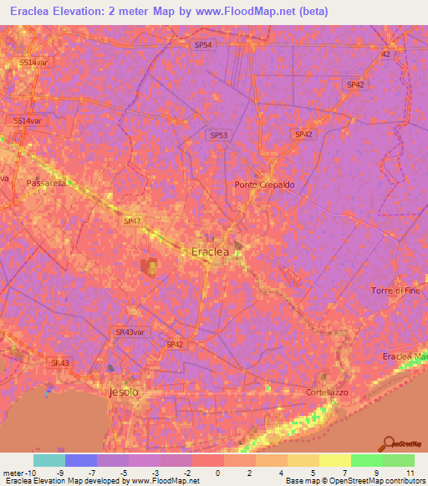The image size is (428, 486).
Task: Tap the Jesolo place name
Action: pyautogui.click(x=124, y=392)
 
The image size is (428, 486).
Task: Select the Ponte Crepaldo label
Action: pyautogui.click(x=264, y=185)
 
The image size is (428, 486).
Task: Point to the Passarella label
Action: pyautogui.click(x=45, y=182)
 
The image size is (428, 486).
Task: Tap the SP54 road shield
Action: pyautogui.click(x=203, y=45)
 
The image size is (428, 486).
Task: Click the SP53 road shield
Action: pyautogui.click(x=218, y=134)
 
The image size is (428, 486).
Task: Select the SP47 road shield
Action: pyautogui.click(x=132, y=222)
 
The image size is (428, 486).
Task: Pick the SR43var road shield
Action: pyautogui.click(x=130, y=332)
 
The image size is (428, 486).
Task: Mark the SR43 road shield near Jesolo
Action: pyautogui.click(x=59, y=363)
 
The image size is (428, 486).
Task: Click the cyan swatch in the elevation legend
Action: pyautogui.click(x=48, y=460)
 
